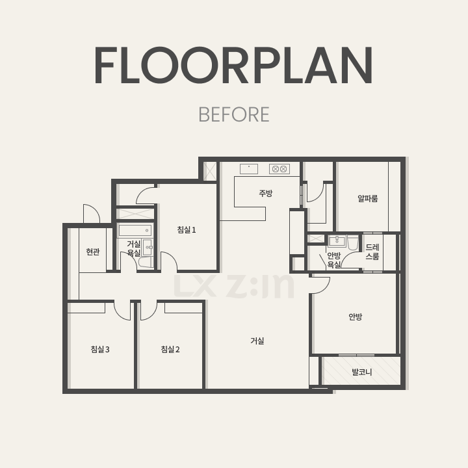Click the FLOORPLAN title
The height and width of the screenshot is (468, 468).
click(x=234, y=65)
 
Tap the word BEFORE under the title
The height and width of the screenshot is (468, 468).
click(x=234, y=114)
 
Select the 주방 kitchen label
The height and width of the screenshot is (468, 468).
click(x=266, y=193)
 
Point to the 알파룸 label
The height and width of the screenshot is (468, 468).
click(x=368, y=198)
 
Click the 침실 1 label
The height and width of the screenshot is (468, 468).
click(x=187, y=230)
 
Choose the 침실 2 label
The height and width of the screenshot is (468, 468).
click(x=170, y=349)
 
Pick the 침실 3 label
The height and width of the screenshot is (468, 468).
click(x=100, y=349)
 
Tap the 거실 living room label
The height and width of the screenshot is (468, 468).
click(x=257, y=341)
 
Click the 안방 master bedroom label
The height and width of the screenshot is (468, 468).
click(x=355, y=317)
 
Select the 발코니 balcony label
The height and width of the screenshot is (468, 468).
click(x=362, y=372)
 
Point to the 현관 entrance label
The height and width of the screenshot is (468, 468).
click(x=93, y=252)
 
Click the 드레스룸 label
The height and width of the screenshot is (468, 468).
click(x=372, y=252)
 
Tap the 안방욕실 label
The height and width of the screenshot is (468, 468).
click(x=334, y=260)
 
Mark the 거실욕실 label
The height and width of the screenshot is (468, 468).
click(x=134, y=248)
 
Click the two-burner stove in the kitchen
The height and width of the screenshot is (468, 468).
click(x=279, y=169)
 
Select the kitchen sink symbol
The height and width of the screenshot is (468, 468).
click(x=249, y=169)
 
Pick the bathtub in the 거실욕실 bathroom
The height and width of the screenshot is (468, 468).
click(x=135, y=230)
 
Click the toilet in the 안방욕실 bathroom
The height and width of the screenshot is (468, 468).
click(x=353, y=242)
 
